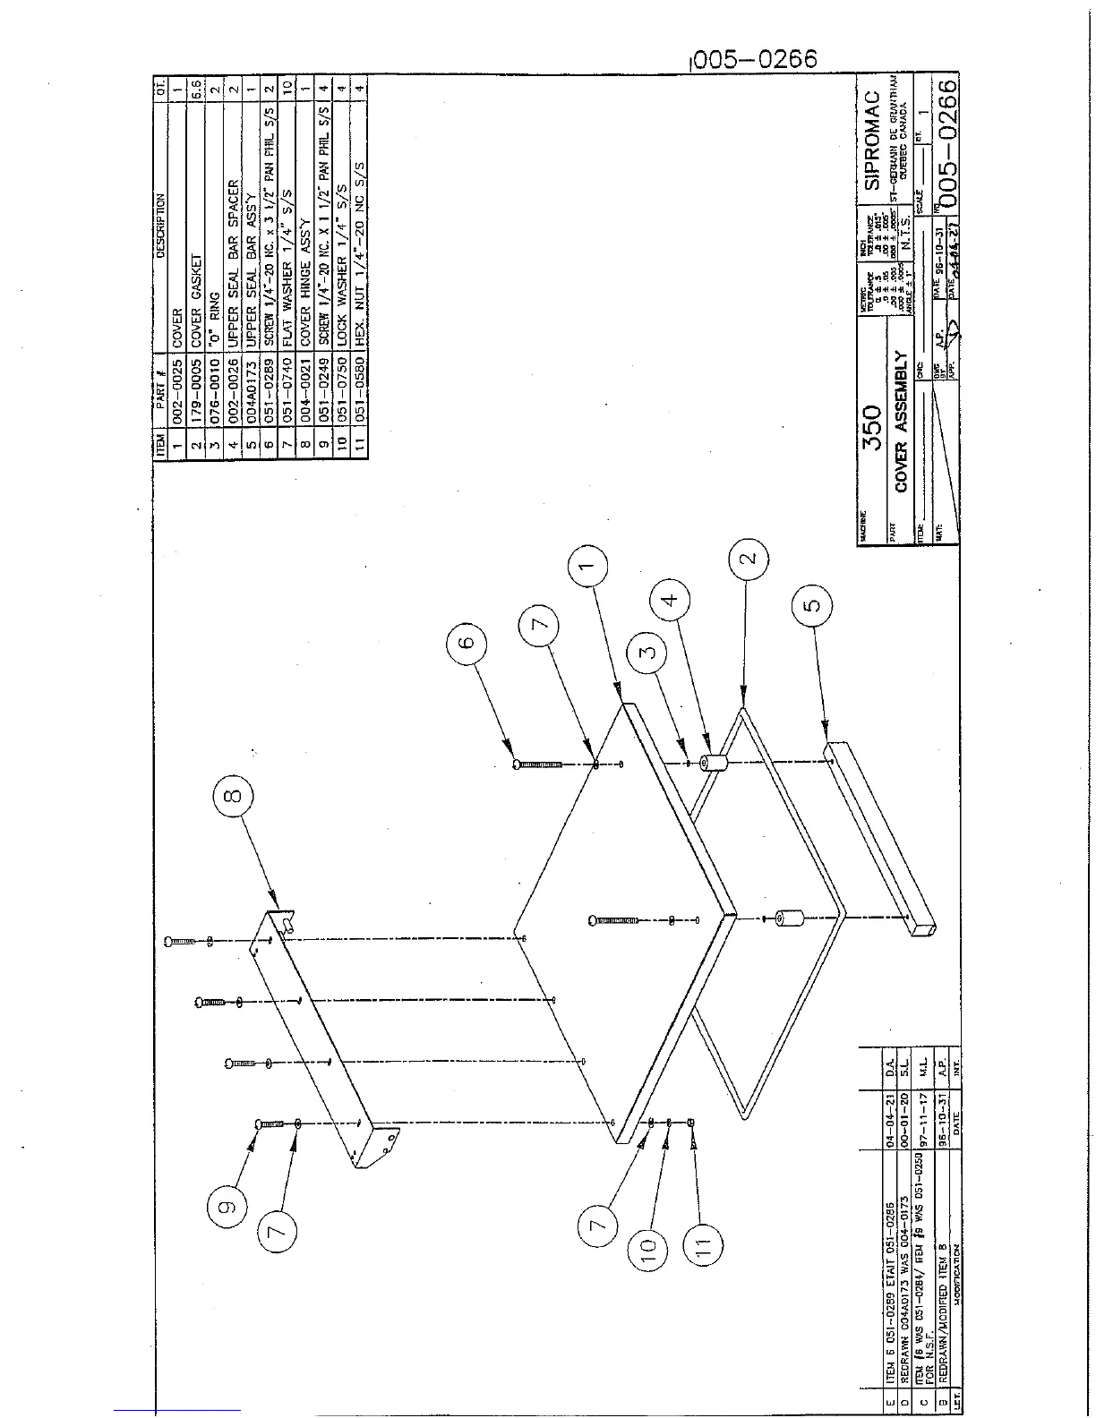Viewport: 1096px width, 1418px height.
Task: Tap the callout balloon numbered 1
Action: click(587, 567)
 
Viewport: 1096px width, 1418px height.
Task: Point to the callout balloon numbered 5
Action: click(811, 606)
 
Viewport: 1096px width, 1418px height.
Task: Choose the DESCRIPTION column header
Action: click(160, 226)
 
